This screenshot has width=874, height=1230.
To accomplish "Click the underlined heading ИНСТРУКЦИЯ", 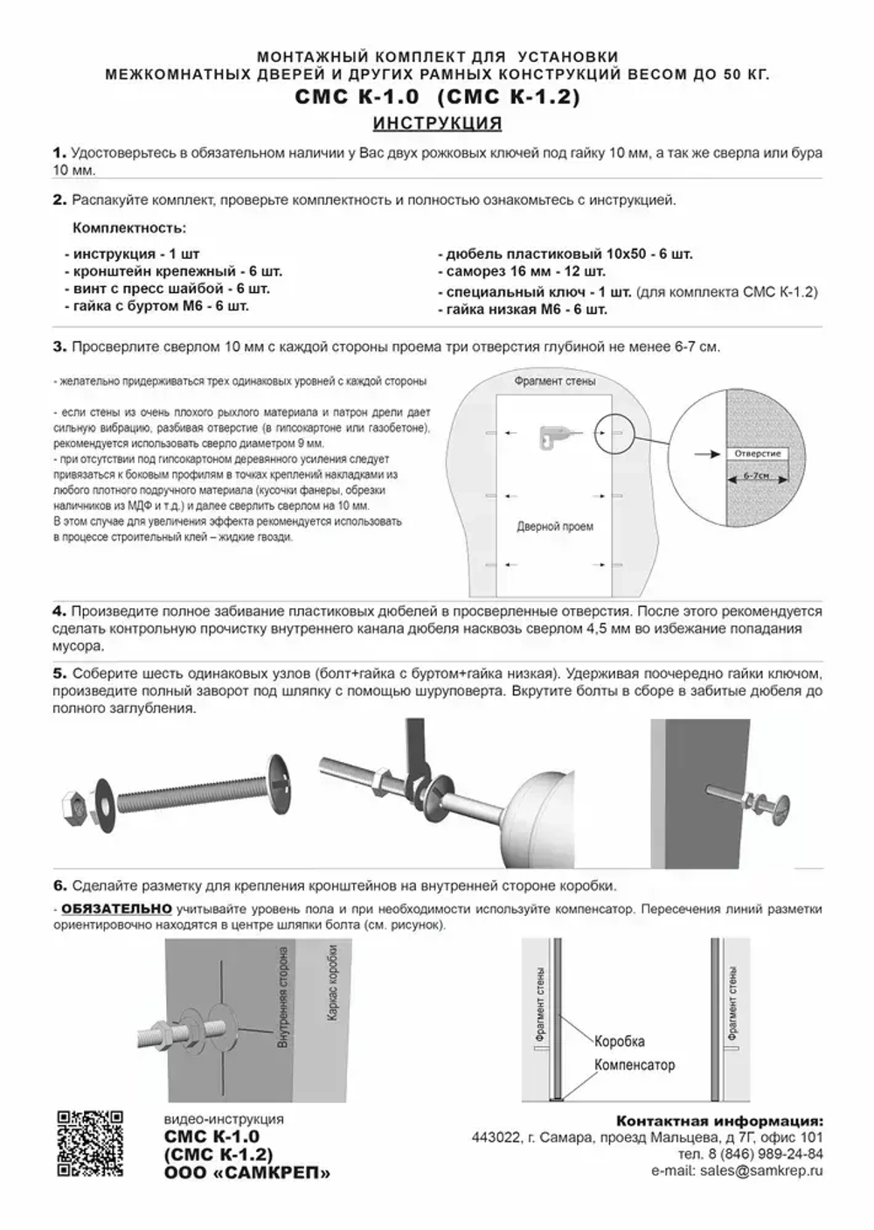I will pos(437,123).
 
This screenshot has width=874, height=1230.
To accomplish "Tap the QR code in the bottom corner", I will pos(90,1143).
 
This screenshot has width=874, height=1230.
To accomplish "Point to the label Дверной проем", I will pos(554,527).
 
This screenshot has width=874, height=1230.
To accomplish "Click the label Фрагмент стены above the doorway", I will pos(554,381).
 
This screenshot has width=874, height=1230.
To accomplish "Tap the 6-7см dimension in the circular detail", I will pos(757,475).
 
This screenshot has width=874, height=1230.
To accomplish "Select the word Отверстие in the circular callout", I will pos(757,454).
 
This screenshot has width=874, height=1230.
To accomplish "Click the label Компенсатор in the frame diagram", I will pos(635,1065).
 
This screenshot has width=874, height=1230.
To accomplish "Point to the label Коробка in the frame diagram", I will pos(619,1041).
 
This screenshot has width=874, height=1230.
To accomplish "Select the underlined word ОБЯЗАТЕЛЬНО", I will pos(116,909).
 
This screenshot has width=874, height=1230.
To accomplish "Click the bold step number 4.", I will pos(59,612).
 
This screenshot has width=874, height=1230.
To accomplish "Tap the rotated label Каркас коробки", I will pos(334,985).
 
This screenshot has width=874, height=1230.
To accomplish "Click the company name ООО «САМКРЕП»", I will pos(247,1173).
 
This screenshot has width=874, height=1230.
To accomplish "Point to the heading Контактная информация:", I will pos(719,1121).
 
